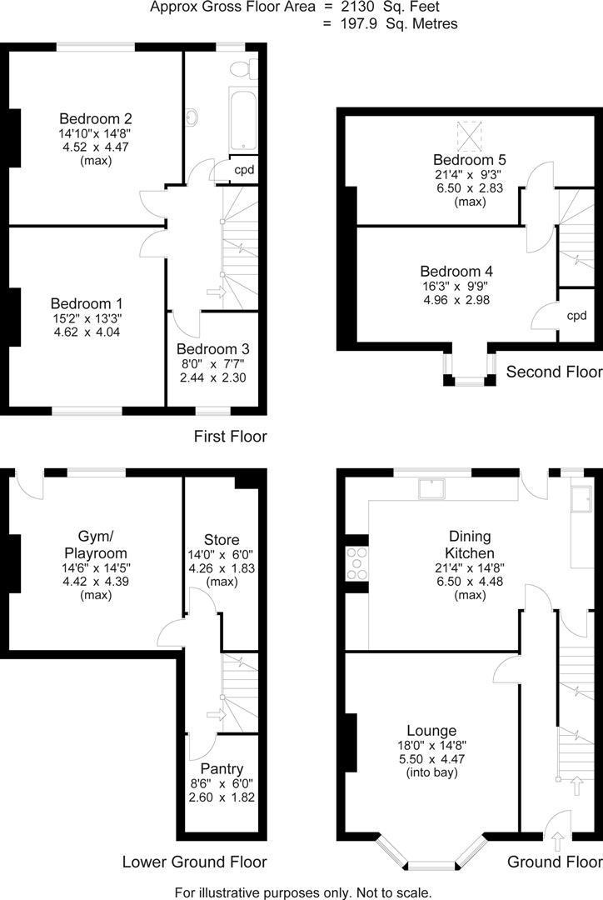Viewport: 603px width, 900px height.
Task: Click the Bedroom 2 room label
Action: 95,118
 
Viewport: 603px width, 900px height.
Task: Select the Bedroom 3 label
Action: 212,348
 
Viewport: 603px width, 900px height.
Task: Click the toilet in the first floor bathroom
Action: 246,66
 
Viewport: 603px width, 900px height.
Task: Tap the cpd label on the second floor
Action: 576,315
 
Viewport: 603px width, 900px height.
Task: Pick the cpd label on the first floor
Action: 244,170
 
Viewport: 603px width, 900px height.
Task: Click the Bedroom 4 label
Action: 456,271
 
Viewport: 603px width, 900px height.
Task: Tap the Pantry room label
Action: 222,767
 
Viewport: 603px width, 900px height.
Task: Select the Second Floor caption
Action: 553,371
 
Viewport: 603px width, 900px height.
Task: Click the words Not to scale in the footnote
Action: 394,892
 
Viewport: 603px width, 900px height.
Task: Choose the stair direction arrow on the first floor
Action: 216,292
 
